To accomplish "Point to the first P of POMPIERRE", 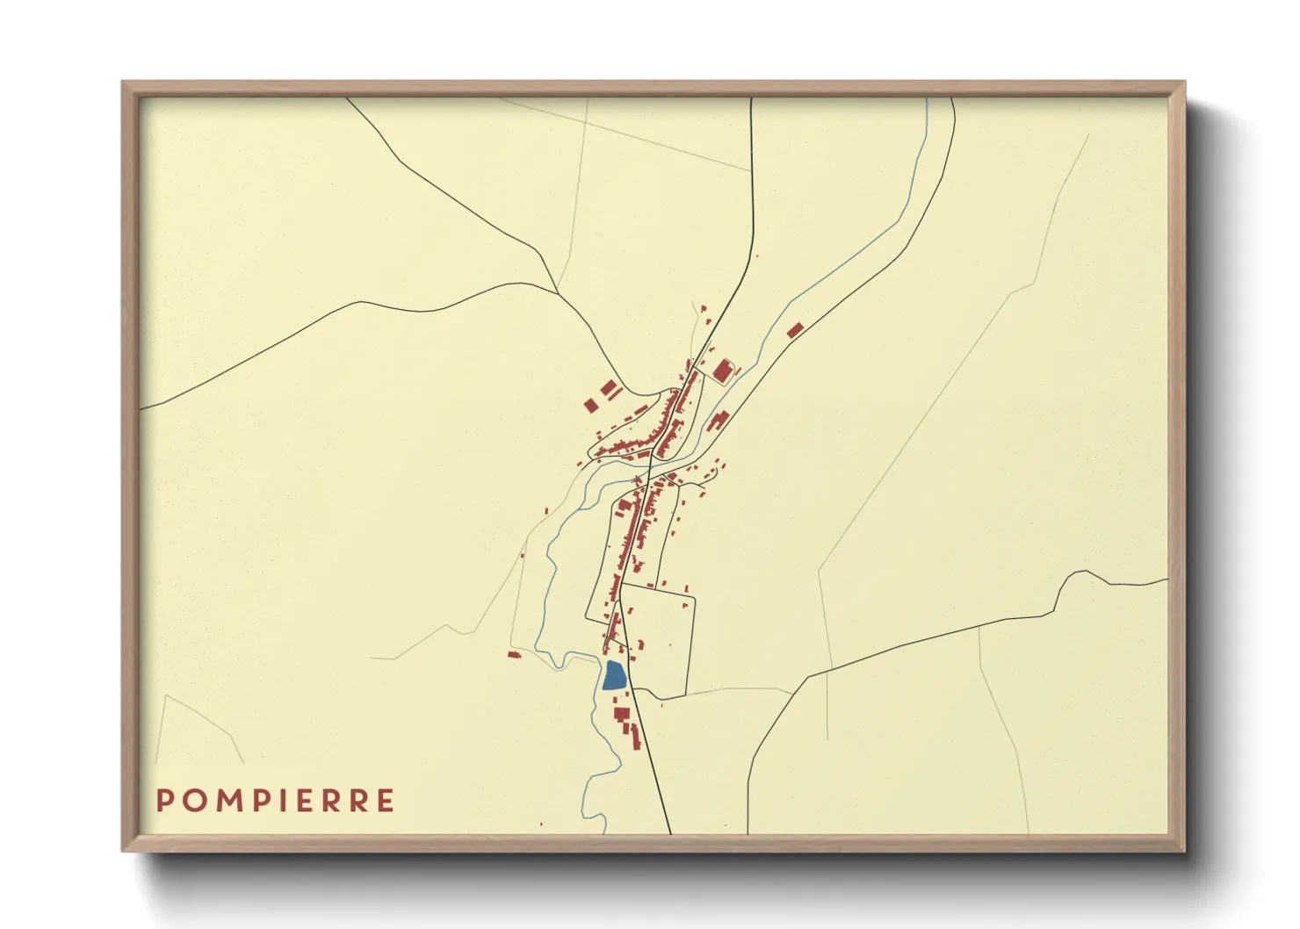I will [x=164, y=801].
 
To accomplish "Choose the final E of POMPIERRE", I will [x=384, y=801].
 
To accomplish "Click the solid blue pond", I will [x=614, y=675].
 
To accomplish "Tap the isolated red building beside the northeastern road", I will [x=795, y=330].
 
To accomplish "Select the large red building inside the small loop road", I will [x=723, y=371].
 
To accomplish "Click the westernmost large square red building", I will [x=590, y=405].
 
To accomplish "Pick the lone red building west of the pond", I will [x=514, y=653].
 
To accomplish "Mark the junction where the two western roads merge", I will [x=560, y=292].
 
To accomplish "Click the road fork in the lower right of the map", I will [x=806, y=677].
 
